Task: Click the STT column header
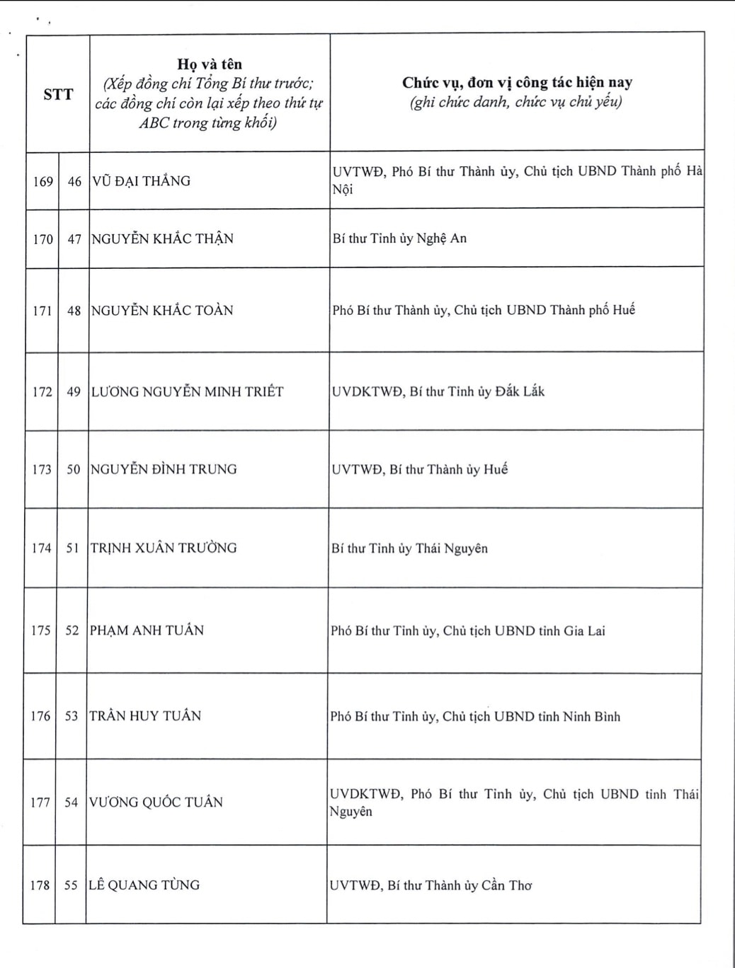pyautogui.click(x=58, y=94)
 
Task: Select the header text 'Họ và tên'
pyautogui.click(x=209, y=64)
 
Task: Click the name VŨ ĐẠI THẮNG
pyautogui.click(x=142, y=181)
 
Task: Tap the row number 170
pyautogui.click(x=43, y=239)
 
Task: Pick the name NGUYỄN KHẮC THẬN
pyautogui.click(x=162, y=238)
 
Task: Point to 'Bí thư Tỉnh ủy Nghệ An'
pyautogui.click(x=399, y=238)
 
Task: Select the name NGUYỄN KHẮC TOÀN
pyautogui.click(x=162, y=310)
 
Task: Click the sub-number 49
pyautogui.click(x=74, y=391)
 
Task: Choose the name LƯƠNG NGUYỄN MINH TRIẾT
pyautogui.click(x=187, y=391)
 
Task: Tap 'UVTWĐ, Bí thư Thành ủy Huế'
pyautogui.click(x=420, y=469)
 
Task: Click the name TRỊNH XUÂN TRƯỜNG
pyautogui.click(x=164, y=548)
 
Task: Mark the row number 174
pyautogui.click(x=42, y=548)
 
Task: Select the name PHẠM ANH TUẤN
pyautogui.click(x=147, y=630)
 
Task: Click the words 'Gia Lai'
pyautogui.click(x=584, y=631)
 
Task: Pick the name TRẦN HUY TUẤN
pyautogui.click(x=145, y=715)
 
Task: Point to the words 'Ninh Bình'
pyautogui.click(x=591, y=717)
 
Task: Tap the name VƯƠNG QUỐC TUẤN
pyautogui.click(x=156, y=802)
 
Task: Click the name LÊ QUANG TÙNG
pyautogui.click(x=144, y=885)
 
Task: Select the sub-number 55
pyautogui.click(x=71, y=885)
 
